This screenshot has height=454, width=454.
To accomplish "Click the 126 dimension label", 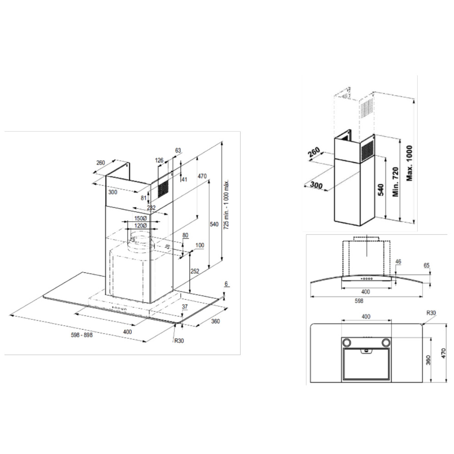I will coord(159,160).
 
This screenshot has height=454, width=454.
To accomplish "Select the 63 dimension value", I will coord(178,151).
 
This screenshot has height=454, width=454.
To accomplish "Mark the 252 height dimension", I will coord(194,271).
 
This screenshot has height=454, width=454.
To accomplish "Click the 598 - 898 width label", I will coord(82,335).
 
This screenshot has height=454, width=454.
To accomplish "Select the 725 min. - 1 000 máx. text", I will coord(226,205).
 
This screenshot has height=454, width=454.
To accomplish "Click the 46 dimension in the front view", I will coord(398,261).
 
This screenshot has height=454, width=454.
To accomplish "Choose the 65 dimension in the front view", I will coord(427,266).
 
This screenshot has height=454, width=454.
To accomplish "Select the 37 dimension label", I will coord(185,307).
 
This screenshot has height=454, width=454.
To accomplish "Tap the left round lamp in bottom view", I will coord(346,342).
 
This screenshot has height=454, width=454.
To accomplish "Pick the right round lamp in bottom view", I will coord(386,342).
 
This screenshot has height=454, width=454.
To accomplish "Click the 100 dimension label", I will coord(200,246).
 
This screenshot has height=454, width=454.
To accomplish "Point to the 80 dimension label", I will coord(185,235).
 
